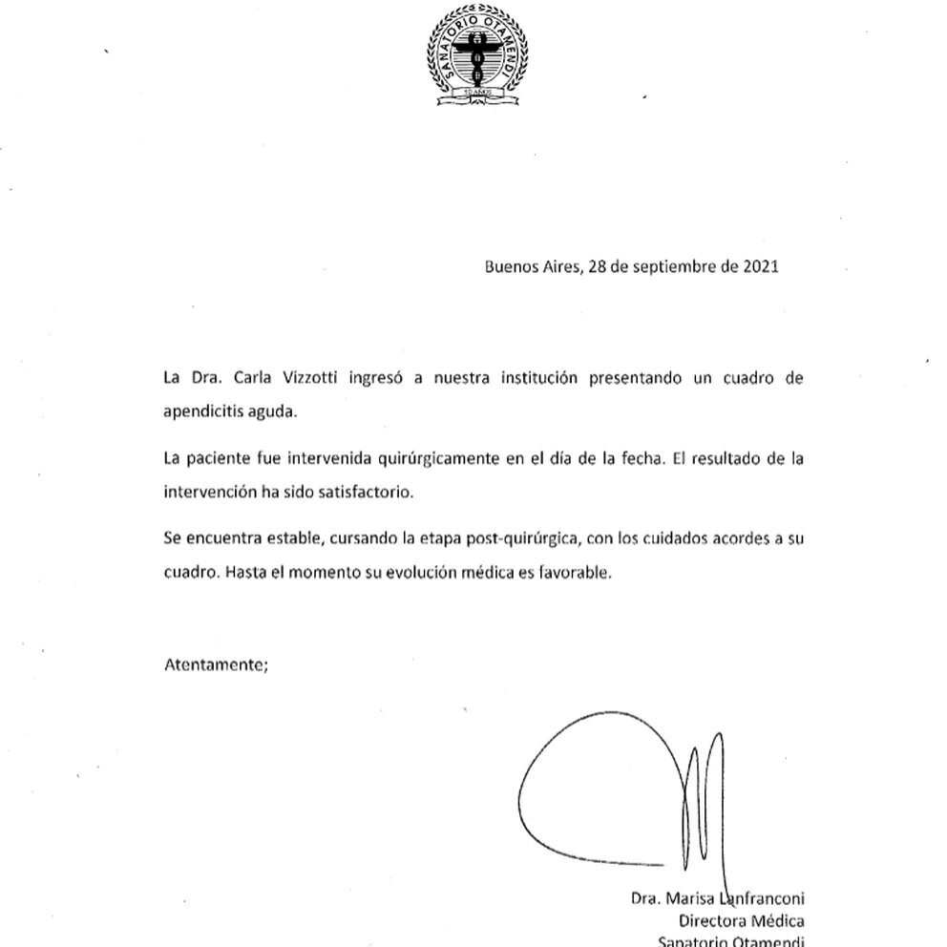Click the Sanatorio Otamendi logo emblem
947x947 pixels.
coord(477,55)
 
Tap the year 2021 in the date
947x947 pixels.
coord(761,266)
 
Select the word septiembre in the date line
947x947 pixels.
coord(674,266)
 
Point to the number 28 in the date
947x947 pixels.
coord(598,266)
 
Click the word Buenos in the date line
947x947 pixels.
coord(511,266)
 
